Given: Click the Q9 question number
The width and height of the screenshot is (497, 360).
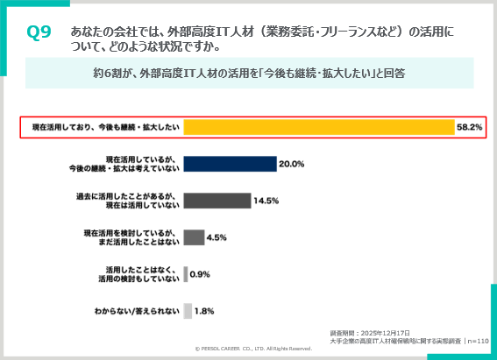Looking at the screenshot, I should pos(39,32).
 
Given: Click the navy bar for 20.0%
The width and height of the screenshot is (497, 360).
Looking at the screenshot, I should pos(230,164).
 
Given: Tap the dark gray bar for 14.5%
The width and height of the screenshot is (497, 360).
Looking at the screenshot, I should pos(217,201).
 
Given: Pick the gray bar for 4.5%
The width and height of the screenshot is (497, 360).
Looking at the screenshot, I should pos(194,236).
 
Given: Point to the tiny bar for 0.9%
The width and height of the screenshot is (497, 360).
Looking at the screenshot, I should pos(186,273).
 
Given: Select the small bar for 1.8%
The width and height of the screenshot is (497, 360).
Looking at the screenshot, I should pos(188,310).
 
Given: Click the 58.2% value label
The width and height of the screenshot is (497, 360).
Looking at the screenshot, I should pos(469,127).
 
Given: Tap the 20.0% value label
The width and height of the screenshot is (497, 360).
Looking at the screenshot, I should pos(291,164).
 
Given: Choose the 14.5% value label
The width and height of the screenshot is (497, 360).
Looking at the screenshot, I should pos(266,201).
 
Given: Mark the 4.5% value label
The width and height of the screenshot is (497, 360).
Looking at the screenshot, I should pos(217,236).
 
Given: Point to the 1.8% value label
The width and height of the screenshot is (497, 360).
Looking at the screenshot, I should pos(204,310).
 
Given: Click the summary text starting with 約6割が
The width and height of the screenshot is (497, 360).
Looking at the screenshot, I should pos(248,74).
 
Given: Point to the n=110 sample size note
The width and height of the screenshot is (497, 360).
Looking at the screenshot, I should pos(478,342).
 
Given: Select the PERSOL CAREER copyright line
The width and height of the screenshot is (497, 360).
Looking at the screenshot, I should pos(253,349).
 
